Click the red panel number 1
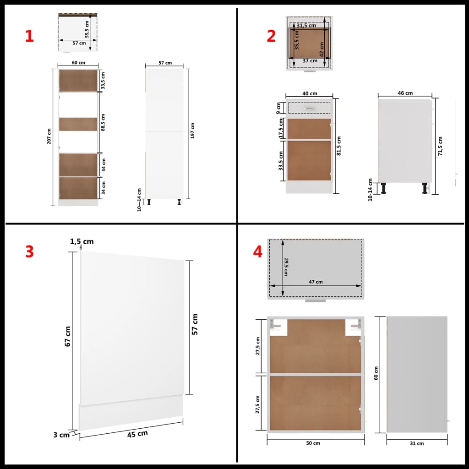point(29,37)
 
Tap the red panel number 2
point(271,36)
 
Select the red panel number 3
point(29,251)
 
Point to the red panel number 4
point(258,251)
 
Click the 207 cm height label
point(49,136)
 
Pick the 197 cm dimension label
point(193,131)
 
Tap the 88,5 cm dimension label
point(103,123)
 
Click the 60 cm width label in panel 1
point(78,63)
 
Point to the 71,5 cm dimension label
point(440,146)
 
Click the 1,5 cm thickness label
point(82,241)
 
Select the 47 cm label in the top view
point(316,282)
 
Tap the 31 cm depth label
point(417,443)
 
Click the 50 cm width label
point(314,443)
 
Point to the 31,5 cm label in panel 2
point(306,25)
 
